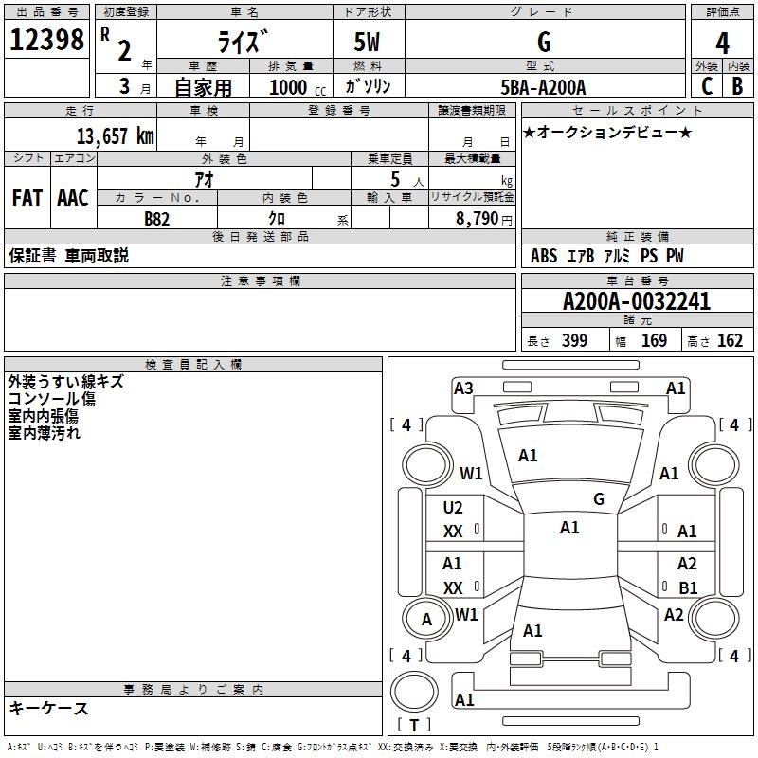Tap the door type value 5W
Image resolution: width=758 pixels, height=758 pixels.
(x=369, y=43)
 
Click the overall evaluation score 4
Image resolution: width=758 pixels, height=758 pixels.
(x=722, y=43)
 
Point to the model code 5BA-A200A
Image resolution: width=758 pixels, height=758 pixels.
(x=543, y=87)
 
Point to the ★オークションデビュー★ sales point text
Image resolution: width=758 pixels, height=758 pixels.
(x=607, y=132)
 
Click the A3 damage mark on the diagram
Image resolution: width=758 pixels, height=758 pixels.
(x=463, y=388)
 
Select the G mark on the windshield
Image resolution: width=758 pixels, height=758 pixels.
(x=598, y=498)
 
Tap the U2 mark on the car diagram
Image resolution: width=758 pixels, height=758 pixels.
(x=453, y=508)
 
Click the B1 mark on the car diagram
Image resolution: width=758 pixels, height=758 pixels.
(x=688, y=587)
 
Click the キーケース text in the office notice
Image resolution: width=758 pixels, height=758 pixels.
(x=48, y=708)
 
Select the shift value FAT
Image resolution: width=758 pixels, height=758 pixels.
(x=27, y=197)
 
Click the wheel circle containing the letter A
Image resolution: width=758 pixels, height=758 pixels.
(x=426, y=620)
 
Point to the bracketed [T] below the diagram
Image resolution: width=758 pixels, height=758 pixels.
(x=413, y=726)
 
